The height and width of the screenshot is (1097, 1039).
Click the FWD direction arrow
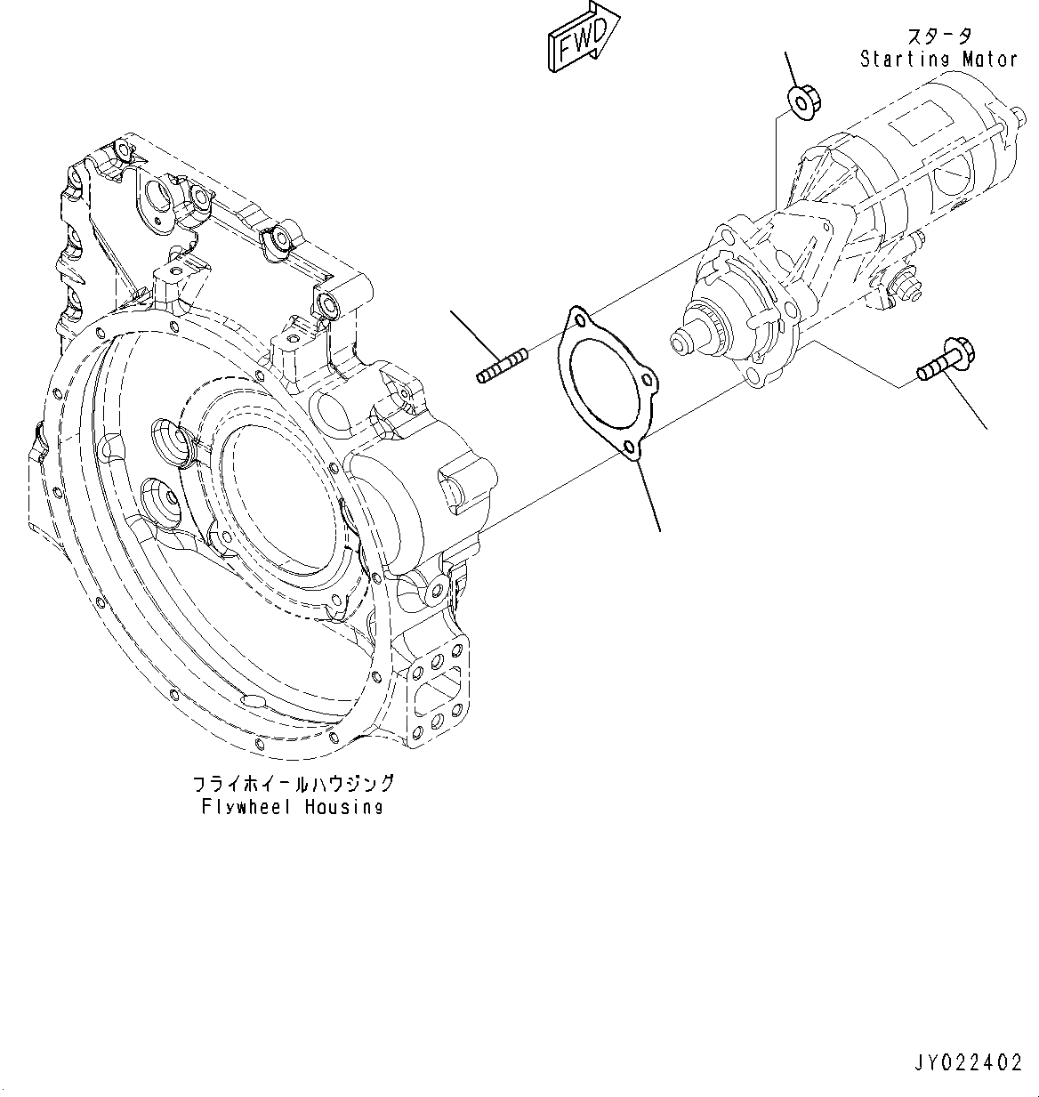click(x=583, y=36)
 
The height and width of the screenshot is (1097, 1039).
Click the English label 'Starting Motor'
click(x=938, y=60)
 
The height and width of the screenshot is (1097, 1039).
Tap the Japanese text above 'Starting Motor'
click(x=938, y=36)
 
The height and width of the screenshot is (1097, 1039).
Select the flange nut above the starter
click(x=805, y=101)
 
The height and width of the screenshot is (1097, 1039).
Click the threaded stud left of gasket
click(x=503, y=367)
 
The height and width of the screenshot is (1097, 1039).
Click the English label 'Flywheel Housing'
click(x=292, y=807)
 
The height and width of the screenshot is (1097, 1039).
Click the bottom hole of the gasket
click(x=631, y=448)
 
